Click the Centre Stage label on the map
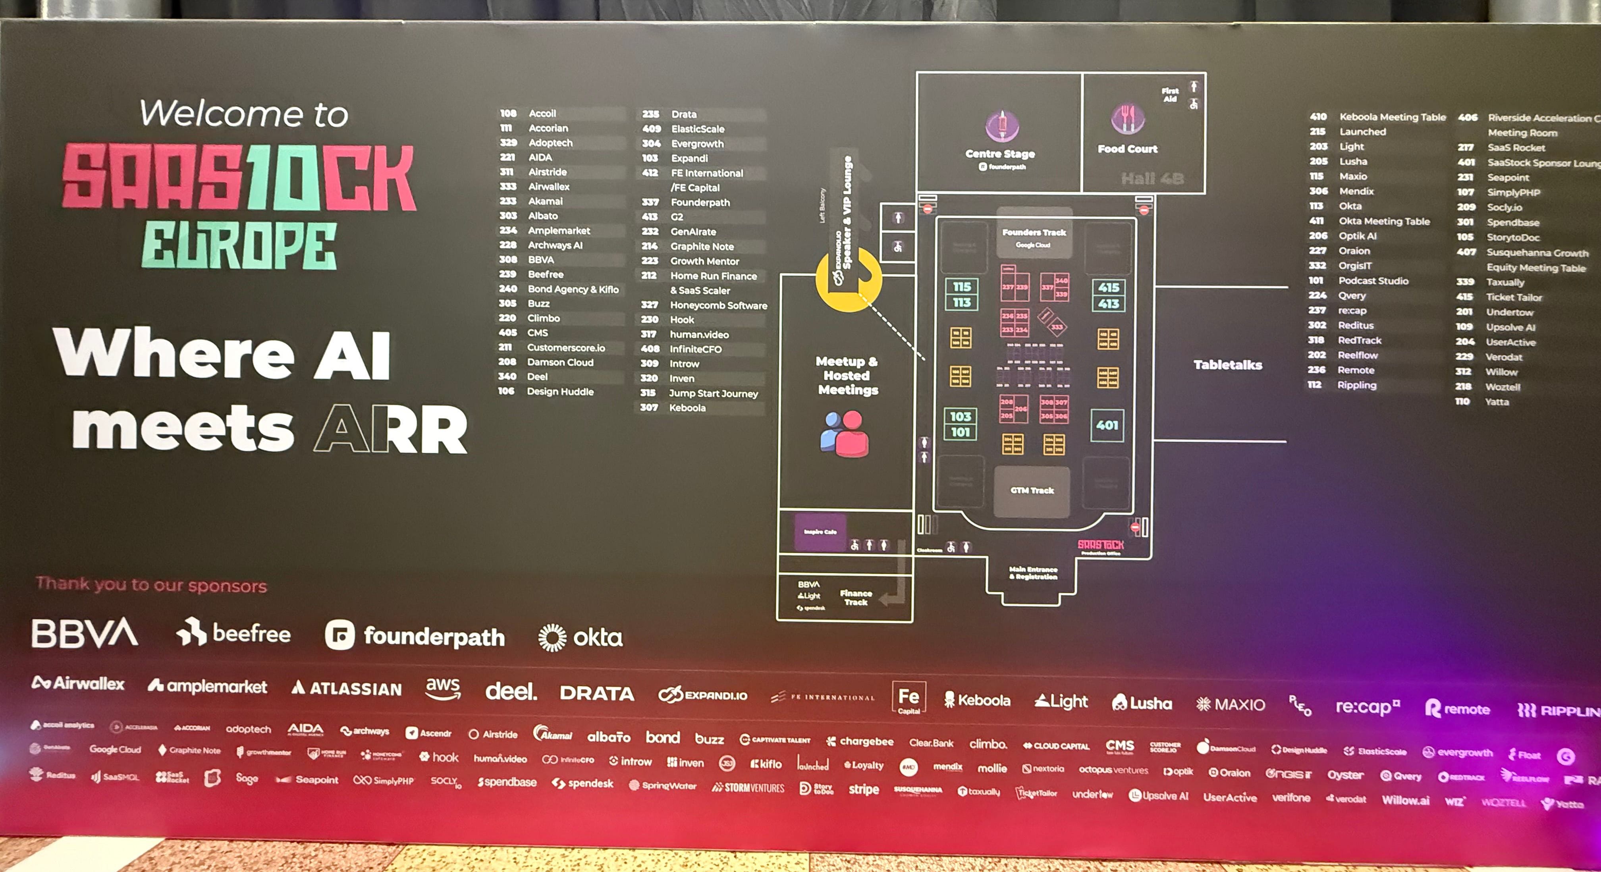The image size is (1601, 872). pos(1000,154)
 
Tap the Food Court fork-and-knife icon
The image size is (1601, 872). pos(1127,118)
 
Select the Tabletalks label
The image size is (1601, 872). pos(1227,365)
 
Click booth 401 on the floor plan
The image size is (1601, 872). pos(1107,425)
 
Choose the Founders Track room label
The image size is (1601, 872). pos(1034,232)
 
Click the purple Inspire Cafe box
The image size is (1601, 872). pos(820,532)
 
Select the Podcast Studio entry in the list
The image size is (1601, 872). pos(1373,281)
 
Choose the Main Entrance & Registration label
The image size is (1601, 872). pos(1033,573)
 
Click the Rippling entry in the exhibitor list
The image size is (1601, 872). pos(1357,385)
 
